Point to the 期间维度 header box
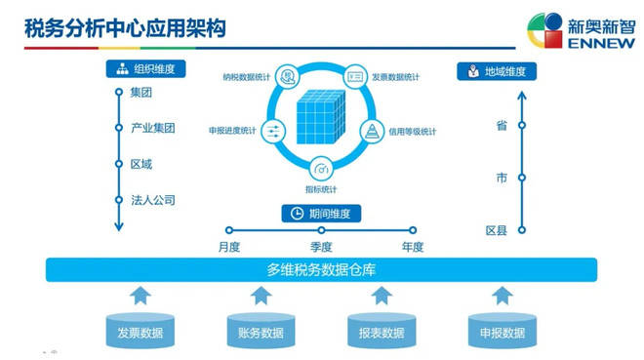[322, 214]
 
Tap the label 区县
[497, 231]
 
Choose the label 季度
[321, 247]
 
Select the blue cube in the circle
[322, 120]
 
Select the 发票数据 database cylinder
[140, 331]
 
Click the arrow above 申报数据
[503, 295]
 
